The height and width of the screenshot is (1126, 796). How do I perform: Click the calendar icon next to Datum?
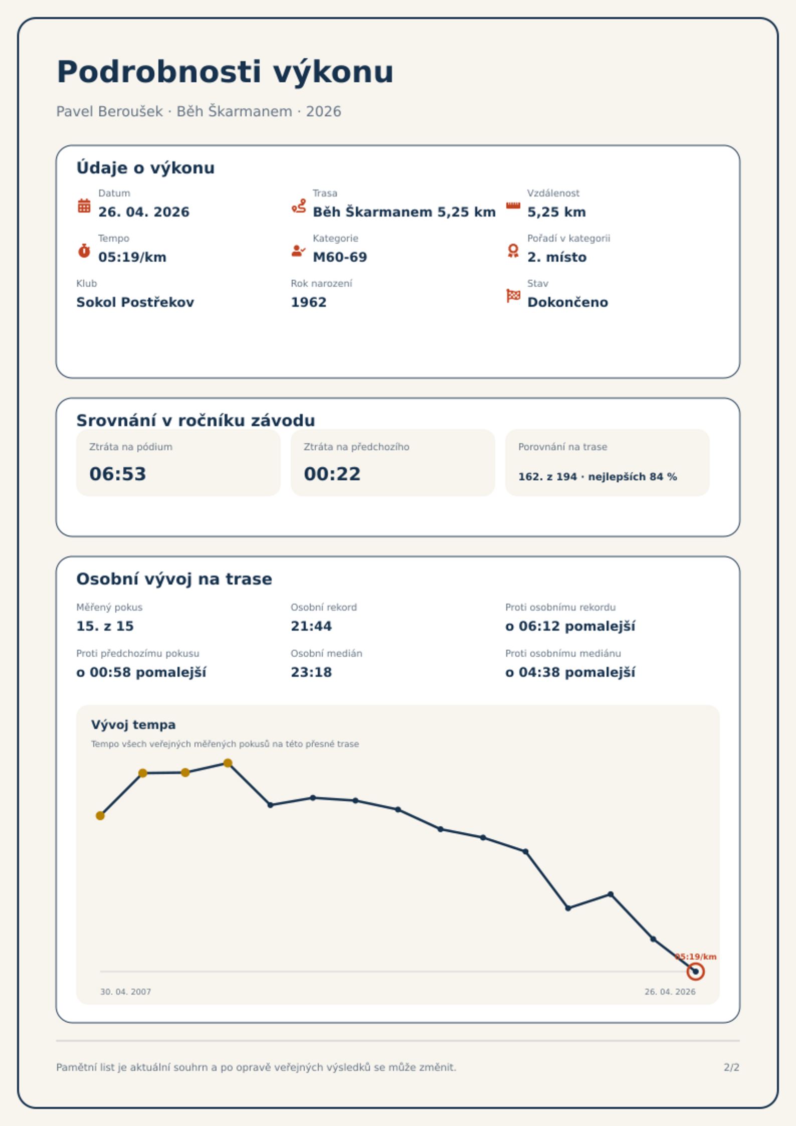[x=84, y=206]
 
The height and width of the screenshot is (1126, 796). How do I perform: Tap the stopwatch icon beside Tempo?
[x=84, y=251]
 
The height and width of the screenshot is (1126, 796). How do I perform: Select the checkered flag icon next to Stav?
[x=513, y=296]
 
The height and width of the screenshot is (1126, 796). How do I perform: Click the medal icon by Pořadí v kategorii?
[x=513, y=251]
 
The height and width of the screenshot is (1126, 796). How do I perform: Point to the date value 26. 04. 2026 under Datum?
[x=144, y=212]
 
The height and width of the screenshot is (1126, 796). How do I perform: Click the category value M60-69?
[x=340, y=257]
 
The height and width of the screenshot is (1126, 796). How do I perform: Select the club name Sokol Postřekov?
[x=135, y=302]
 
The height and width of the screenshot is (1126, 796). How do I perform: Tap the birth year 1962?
[x=309, y=302]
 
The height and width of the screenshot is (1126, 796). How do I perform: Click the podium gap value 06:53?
[x=118, y=474]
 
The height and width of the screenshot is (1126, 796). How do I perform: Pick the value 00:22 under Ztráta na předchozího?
[x=332, y=474]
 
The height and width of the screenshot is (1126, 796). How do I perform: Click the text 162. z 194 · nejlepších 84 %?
[x=598, y=477]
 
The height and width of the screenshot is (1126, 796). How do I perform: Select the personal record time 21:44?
[x=311, y=626]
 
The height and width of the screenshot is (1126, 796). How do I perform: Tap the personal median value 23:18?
[x=311, y=672]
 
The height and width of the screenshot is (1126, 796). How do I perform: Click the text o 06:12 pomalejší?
[x=570, y=626]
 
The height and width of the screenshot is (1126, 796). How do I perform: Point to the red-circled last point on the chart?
[x=695, y=972]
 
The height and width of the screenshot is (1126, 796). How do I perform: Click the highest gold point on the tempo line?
[x=228, y=763]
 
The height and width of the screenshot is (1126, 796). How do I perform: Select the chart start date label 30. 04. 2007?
[x=125, y=992]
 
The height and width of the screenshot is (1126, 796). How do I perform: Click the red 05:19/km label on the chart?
[x=696, y=957]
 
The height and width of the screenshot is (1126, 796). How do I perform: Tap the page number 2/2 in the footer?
[x=731, y=1067]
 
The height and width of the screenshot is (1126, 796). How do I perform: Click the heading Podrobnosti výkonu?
[x=225, y=72]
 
